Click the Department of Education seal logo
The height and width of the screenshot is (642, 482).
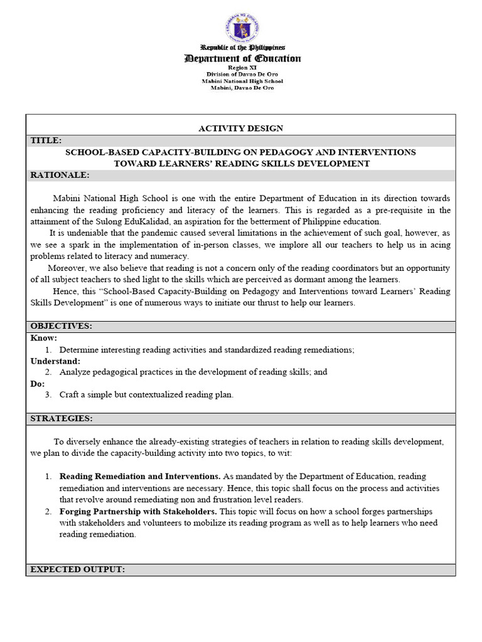click(x=242, y=27)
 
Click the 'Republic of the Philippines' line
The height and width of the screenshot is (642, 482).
click(x=242, y=48)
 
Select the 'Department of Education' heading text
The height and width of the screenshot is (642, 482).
click(x=242, y=59)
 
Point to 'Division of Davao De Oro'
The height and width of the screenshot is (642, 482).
click(x=242, y=75)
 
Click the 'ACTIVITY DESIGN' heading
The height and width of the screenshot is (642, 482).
click(x=241, y=129)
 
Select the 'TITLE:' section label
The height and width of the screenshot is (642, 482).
click(x=46, y=140)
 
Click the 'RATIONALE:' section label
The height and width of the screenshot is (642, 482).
click(x=60, y=175)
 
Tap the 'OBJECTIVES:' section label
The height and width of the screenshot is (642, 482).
click(x=62, y=327)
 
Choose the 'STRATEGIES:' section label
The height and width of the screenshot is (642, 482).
click(x=62, y=418)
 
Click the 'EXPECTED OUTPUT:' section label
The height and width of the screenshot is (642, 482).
click(x=78, y=569)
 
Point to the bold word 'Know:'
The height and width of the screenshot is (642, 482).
click(x=44, y=339)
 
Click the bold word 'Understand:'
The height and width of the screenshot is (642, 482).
click(x=56, y=361)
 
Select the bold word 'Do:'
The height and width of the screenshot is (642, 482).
click(x=38, y=384)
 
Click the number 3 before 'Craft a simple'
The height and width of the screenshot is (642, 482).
click(x=48, y=395)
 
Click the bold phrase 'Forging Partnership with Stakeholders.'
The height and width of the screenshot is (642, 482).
click(x=139, y=512)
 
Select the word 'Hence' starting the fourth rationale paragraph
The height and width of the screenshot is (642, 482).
click(x=66, y=292)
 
